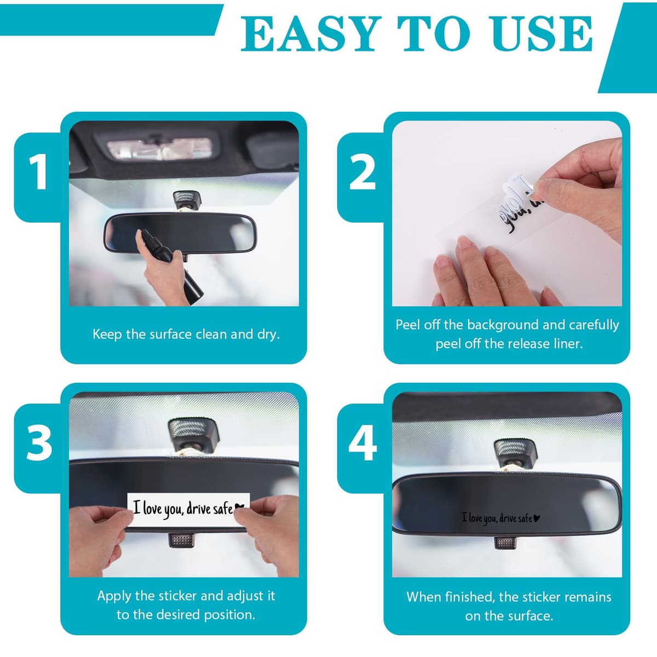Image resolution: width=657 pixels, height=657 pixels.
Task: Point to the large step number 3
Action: (39, 443)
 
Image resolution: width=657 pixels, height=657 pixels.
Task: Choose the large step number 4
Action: (362, 443)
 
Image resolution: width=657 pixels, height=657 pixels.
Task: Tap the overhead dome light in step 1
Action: (159, 148)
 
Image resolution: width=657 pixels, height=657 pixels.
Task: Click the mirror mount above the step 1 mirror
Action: (186, 201)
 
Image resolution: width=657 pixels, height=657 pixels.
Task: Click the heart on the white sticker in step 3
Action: (240, 508)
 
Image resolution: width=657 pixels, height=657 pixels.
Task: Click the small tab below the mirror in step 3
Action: (181, 540)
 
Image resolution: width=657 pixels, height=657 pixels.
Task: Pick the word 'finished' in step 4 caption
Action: (472, 597)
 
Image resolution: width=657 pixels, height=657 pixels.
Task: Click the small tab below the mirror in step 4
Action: (506, 543)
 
